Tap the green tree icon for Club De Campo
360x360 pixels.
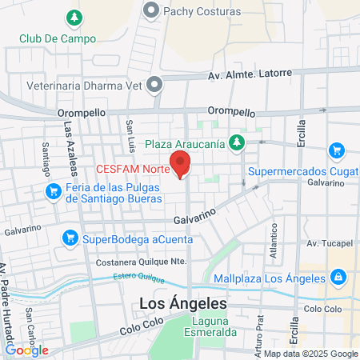[x=74, y=17]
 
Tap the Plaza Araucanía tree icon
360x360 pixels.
[x=236, y=143]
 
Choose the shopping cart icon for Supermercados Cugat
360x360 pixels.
[x=336, y=150]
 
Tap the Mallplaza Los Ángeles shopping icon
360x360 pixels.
[x=338, y=277]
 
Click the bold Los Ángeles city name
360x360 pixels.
[x=183, y=304]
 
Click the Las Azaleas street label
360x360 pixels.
[x=71, y=152]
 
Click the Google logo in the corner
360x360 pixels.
[x=26, y=350]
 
